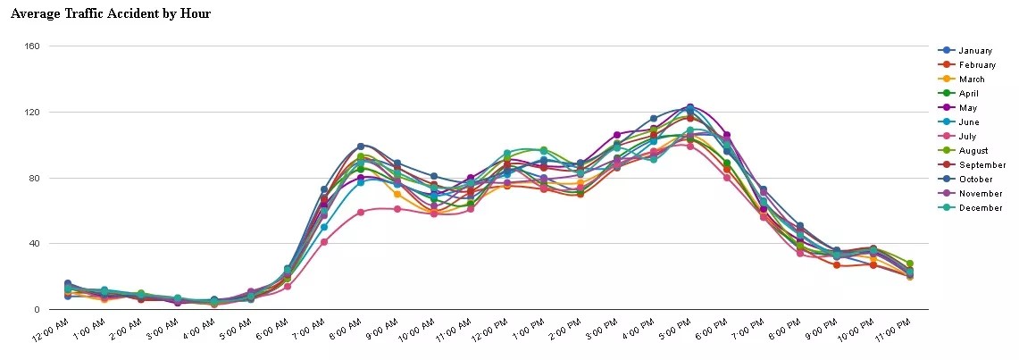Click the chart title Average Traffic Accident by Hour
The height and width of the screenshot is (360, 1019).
click(x=111, y=14)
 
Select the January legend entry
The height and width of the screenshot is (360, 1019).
click(x=975, y=51)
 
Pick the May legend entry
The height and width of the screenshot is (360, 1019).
click(x=968, y=108)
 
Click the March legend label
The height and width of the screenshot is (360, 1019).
click(x=972, y=80)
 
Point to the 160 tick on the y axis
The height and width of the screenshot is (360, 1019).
click(x=31, y=46)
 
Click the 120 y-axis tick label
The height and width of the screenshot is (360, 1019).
click(x=31, y=112)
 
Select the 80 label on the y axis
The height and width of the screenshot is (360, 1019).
click(x=34, y=178)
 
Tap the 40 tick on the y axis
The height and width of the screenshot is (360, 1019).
click(x=34, y=244)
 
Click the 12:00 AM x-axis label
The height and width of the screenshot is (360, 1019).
click(x=50, y=330)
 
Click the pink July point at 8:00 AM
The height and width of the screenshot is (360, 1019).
click(x=361, y=213)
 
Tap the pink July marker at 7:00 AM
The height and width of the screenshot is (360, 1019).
click(x=324, y=242)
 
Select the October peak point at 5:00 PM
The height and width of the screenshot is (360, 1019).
click(x=689, y=107)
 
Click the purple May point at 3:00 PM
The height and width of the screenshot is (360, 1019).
click(x=617, y=135)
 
